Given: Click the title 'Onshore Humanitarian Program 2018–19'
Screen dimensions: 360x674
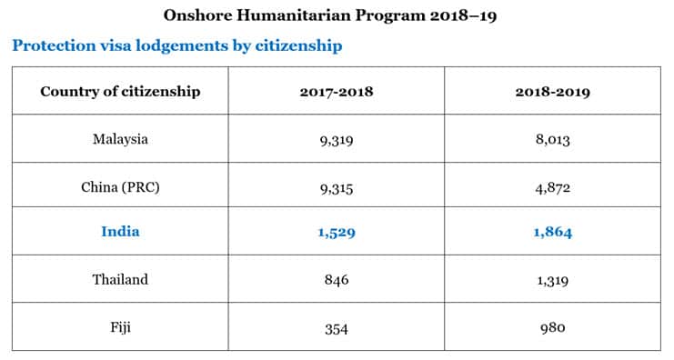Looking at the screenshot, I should tap(337, 15).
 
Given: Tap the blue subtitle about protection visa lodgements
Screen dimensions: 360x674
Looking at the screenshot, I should tap(177, 45).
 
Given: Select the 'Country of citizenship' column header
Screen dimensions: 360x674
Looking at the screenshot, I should tap(120, 91).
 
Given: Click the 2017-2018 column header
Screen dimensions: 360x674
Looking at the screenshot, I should tap(337, 91).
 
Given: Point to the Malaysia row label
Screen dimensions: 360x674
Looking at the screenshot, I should tap(120, 139).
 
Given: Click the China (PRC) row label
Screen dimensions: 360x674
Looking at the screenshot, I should tap(120, 187).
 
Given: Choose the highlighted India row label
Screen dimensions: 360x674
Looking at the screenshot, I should tap(120, 232).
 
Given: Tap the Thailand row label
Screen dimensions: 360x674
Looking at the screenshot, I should tap(120, 279).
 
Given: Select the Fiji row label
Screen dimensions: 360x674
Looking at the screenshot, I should tap(120, 326).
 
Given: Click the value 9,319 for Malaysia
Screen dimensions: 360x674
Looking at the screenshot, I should tap(337, 140).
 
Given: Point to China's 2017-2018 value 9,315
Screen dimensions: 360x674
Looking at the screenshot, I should tap(337, 188).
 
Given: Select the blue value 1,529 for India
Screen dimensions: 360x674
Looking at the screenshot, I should tap(337, 233).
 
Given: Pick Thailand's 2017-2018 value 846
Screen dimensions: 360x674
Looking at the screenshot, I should tap(337, 280).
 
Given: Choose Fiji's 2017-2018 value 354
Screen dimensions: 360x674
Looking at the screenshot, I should tap(337, 327).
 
